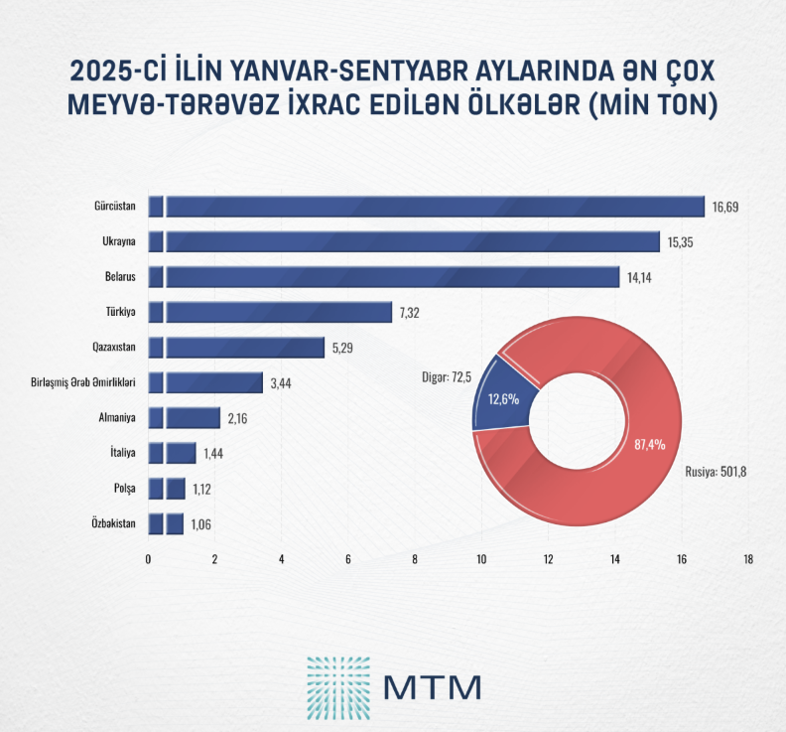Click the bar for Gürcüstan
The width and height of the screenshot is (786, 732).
click(427, 207)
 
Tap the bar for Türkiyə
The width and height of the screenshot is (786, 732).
click(273, 312)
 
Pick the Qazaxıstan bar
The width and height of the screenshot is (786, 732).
click(238, 347)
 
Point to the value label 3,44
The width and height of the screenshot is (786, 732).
click(281, 382)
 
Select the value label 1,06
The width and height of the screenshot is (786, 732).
click(202, 523)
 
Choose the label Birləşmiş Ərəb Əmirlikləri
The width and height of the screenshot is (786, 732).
click(83, 382)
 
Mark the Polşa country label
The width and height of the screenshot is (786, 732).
click(124, 489)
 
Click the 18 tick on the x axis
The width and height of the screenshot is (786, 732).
click(747, 559)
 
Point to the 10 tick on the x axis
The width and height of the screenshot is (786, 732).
click(481, 559)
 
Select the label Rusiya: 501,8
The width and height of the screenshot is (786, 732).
click(715, 471)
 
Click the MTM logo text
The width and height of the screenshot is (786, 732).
click(432, 685)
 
